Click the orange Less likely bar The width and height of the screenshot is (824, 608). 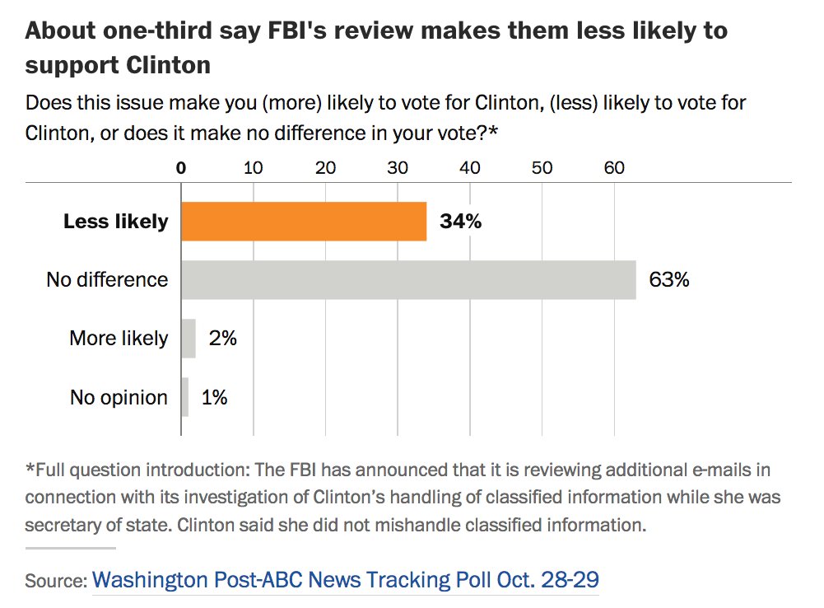click(x=304, y=222)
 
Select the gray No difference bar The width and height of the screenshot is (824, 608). click(x=408, y=279)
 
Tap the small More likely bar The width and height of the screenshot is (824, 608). click(x=189, y=339)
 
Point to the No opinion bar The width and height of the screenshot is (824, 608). click(x=185, y=397)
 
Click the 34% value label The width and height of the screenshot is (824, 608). click(x=460, y=222)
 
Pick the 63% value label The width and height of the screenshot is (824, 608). click(x=668, y=279)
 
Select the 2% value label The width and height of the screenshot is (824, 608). click(x=222, y=338)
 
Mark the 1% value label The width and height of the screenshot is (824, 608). click(x=214, y=397)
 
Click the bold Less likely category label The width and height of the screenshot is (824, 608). click(x=115, y=222)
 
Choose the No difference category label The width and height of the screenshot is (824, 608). click(x=107, y=279)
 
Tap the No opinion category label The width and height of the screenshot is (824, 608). click(x=119, y=397)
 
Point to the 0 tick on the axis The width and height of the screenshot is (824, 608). click(x=181, y=168)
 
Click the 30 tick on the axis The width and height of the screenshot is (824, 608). click(x=398, y=168)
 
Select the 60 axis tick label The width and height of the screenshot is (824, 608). click(x=614, y=168)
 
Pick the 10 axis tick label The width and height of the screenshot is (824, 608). click(x=253, y=168)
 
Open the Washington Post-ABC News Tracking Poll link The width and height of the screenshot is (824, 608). click(x=345, y=579)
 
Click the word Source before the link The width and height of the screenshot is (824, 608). click(x=54, y=581)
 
